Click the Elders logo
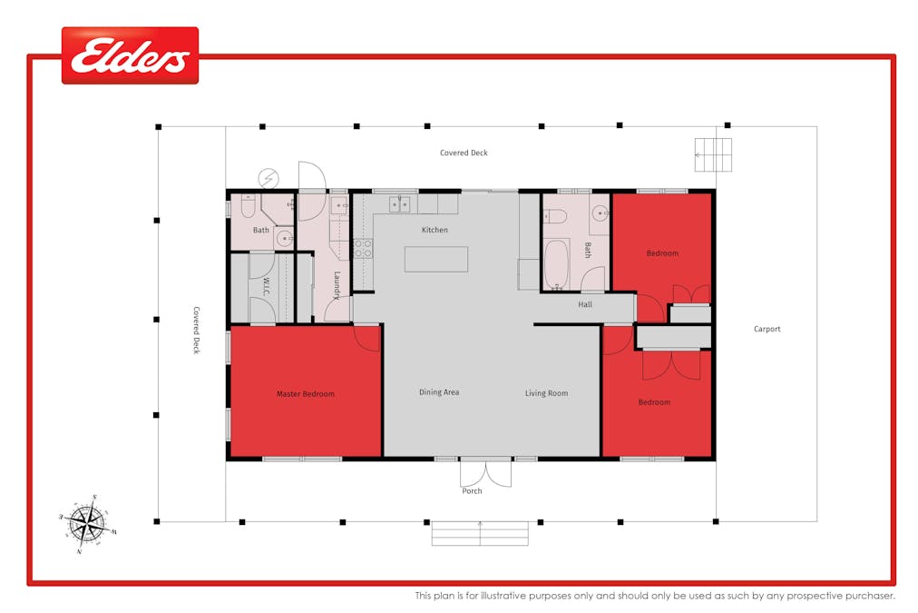[x=130, y=55]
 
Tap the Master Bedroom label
[x=306, y=394]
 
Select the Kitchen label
[x=435, y=230]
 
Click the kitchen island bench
[x=436, y=259]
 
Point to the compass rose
[x=87, y=523]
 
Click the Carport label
[x=767, y=329]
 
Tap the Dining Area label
[x=439, y=392]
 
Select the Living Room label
[x=546, y=393]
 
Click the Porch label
[x=472, y=491]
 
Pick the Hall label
[x=585, y=304]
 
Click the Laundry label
[x=337, y=285]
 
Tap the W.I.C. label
[x=267, y=286]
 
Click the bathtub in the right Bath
[x=556, y=264]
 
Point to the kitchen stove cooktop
[x=363, y=249]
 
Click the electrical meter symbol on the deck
[x=269, y=178]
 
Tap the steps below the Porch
[x=480, y=534]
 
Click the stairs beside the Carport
[x=713, y=154]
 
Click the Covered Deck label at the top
[x=464, y=153]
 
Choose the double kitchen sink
[x=399, y=204]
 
